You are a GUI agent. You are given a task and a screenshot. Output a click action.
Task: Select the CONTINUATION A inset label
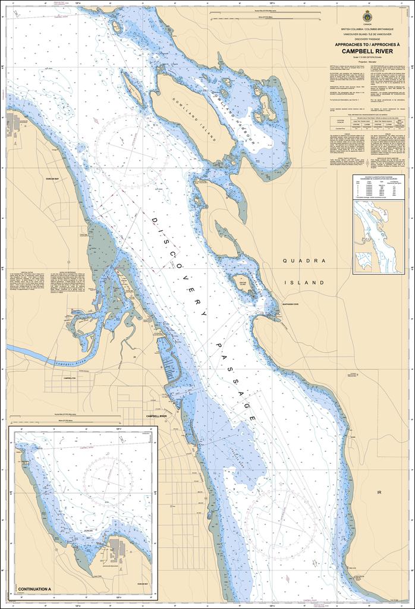pos(35,589)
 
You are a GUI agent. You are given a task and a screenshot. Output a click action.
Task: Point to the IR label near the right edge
pos(379,493)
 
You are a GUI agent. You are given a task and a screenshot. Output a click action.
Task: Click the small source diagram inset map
pos(379,237)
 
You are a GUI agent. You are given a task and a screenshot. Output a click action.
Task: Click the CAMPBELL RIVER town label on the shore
pos(157,416)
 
